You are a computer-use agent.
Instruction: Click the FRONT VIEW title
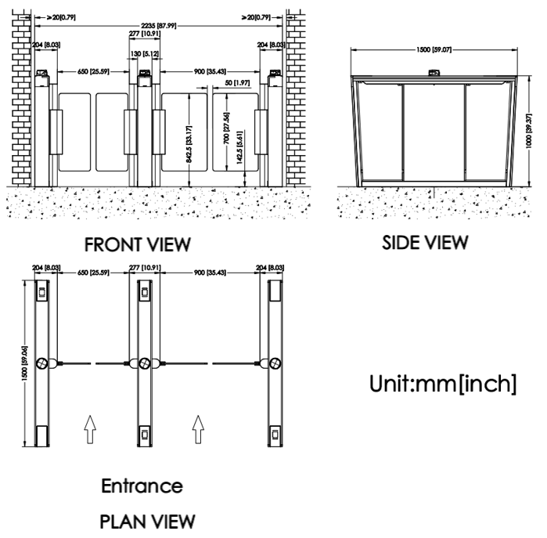142,245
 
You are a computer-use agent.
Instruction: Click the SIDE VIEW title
425,243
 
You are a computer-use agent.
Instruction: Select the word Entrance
142,486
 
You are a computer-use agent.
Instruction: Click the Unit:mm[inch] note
441,386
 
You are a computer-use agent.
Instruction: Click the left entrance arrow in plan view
89,428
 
